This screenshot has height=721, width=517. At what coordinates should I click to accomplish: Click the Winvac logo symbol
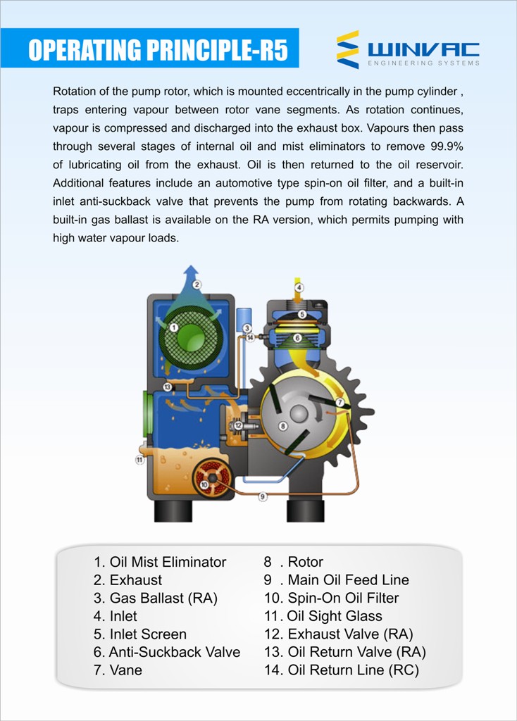point(348,49)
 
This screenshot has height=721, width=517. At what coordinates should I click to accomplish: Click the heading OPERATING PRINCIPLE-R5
point(158,51)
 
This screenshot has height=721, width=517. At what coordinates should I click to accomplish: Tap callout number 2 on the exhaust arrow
point(197,284)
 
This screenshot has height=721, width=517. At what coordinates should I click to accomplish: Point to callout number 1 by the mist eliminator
point(173,327)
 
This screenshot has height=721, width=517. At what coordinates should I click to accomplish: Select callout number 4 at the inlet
point(299,287)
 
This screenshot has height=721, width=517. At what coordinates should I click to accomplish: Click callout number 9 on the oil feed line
point(263,496)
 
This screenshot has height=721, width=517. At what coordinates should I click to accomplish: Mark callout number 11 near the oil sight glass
point(140,460)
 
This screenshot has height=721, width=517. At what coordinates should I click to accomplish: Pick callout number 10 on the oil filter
point(204,484)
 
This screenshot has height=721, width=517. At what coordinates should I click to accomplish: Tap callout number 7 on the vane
point(340,402)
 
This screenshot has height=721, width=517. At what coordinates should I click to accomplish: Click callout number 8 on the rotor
point(283,426)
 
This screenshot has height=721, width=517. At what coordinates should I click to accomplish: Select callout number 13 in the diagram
point(167,387)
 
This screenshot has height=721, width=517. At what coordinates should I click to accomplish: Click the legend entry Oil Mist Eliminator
point(160,562)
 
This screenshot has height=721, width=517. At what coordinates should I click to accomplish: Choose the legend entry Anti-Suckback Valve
point(167,652)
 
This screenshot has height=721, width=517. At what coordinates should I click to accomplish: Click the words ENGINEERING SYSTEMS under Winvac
point(423,63)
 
